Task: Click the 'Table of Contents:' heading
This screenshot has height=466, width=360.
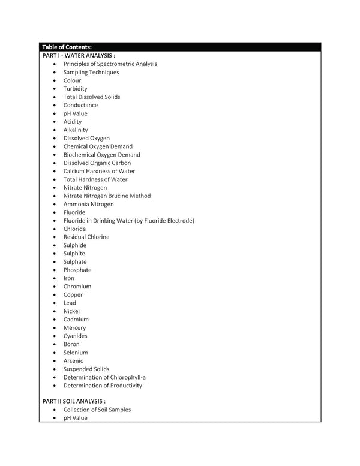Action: point(67,47)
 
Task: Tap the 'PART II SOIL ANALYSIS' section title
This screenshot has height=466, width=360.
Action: point(74,401)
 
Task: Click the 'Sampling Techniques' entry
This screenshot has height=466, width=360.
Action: point(91,72)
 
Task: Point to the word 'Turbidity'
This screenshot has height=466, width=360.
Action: point(75,89)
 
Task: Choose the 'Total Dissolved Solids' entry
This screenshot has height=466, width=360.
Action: point(92,97)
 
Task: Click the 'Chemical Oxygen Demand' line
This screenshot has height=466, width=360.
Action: point(98,146)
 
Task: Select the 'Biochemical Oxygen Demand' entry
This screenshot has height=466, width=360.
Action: point(101,155)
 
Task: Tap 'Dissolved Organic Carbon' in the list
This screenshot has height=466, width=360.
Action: point(97,163)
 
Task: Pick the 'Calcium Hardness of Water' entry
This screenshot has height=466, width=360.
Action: point(99,171)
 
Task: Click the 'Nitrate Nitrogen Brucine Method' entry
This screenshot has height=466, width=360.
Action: point(107,196)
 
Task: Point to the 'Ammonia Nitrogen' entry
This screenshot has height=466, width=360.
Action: point(88,204)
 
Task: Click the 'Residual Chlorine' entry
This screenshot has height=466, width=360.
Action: point(86,237)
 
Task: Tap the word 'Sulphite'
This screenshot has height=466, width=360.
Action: point(74,254)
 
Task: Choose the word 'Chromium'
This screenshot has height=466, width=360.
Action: point(77,287)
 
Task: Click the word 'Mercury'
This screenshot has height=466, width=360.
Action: point(75,328)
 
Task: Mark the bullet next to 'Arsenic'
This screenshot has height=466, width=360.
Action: point(55,361)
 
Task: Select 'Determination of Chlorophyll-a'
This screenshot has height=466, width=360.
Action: point(104,377)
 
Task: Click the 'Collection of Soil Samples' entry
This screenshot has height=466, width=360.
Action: point(97,410)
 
